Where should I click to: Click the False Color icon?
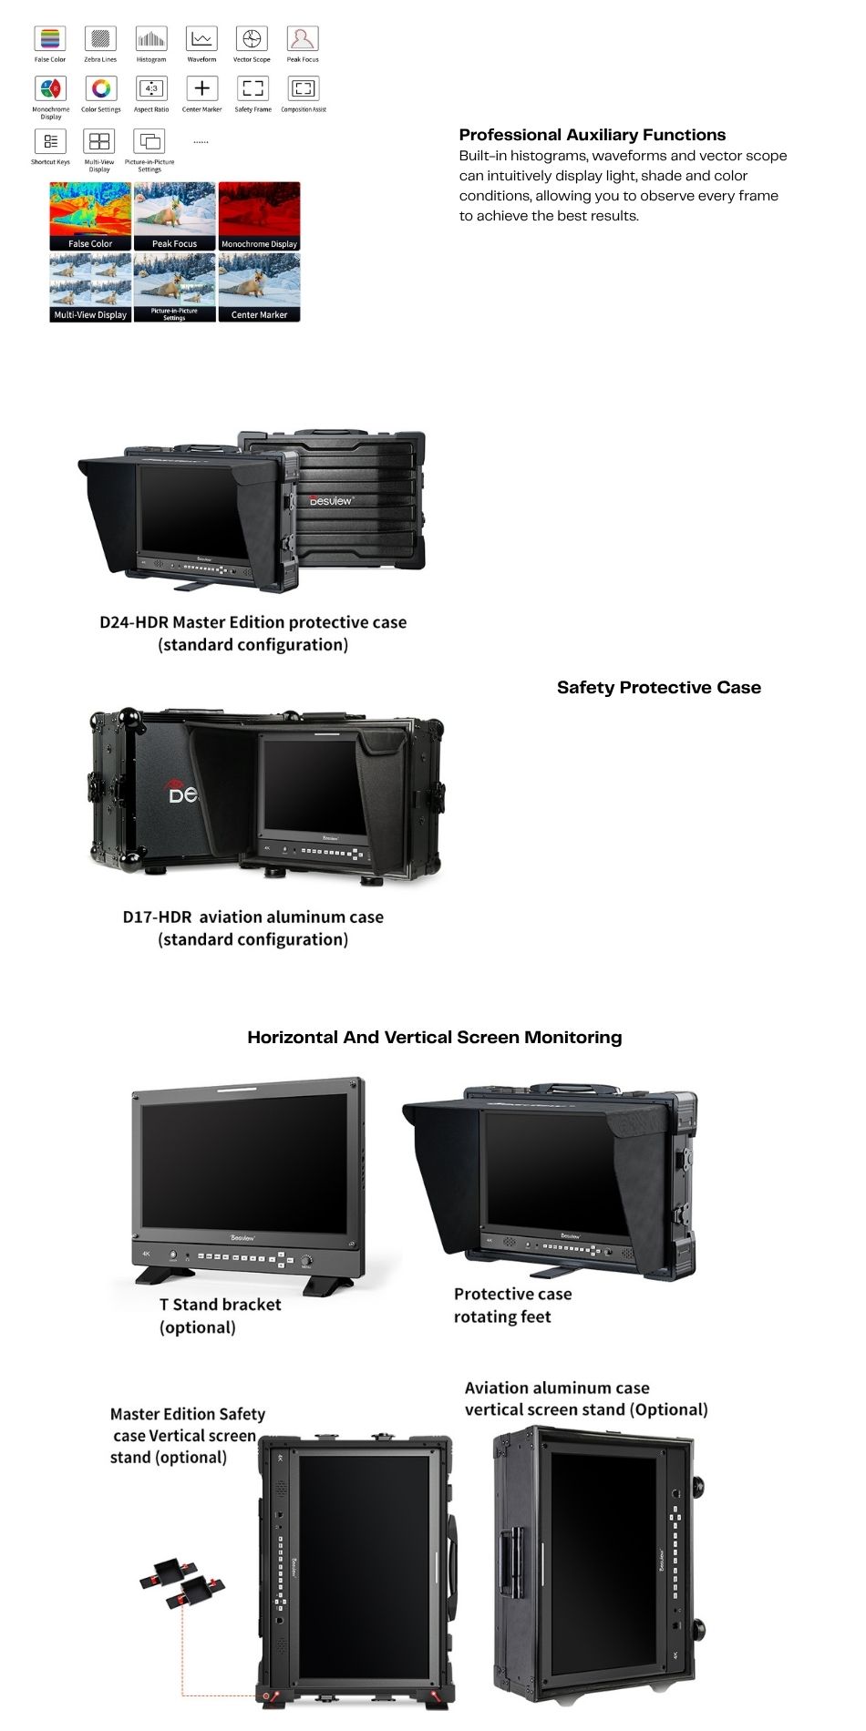50,39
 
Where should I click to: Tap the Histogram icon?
151,39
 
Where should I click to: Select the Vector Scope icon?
252,39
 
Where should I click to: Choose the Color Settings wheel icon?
101,89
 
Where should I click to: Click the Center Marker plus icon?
201,89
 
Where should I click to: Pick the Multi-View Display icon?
99,141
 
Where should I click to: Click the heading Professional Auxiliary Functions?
592,135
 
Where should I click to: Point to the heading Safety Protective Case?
658,688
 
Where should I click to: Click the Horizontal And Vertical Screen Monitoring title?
434,1037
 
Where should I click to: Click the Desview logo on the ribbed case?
330,500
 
